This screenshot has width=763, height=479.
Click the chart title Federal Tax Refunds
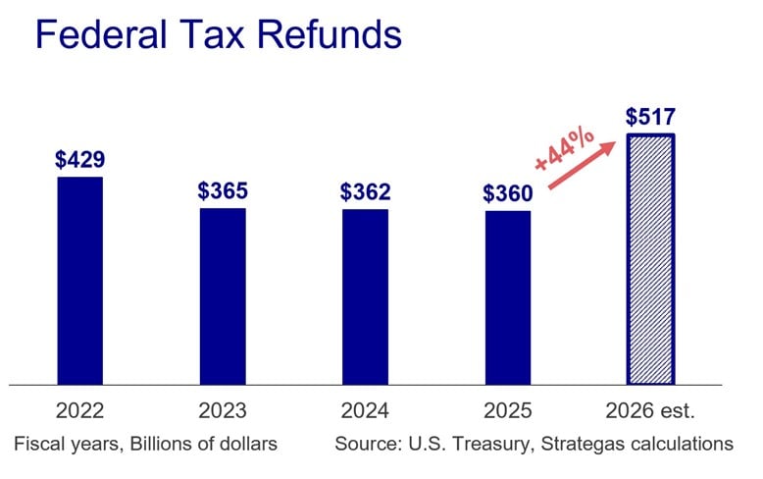[218, 36]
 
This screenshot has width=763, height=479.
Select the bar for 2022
[79, 281]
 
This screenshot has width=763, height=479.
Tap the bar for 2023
[223, 295]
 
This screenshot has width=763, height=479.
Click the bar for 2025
[507, 297]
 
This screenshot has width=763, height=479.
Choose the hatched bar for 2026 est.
[650, 259]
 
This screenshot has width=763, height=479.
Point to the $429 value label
[79, 159]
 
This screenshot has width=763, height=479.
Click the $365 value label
[223, 190]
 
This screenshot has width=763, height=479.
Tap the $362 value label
[365, 191]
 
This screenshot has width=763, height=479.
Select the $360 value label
[507, 193]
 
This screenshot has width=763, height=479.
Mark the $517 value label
[650, 117]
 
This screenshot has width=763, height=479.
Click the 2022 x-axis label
[79, 410]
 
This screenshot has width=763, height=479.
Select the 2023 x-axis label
[223, 410]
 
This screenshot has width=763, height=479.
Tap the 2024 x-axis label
[365, 410]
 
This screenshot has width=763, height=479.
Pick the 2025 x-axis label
[507, 410]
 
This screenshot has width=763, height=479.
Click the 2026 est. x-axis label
[650, 410]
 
